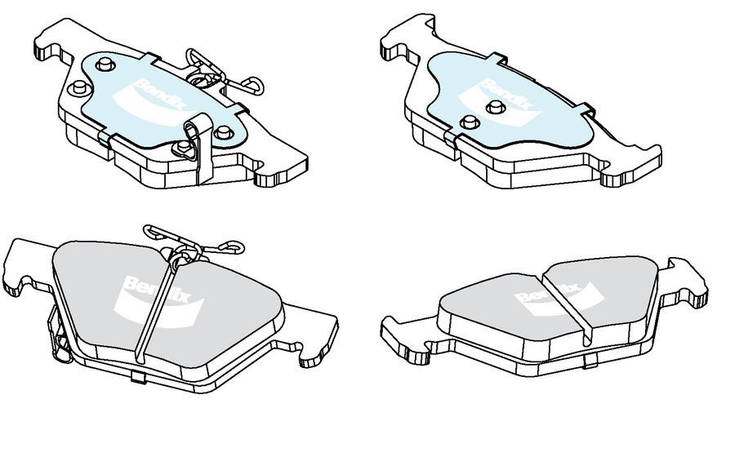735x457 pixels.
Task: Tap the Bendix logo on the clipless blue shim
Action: point(502,95)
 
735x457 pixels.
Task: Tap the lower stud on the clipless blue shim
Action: point(468,122)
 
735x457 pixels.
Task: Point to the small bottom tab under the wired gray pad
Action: point(136,375)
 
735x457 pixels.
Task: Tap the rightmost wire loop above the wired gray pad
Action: point(233,244)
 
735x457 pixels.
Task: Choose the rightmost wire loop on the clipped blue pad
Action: point(251,81)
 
